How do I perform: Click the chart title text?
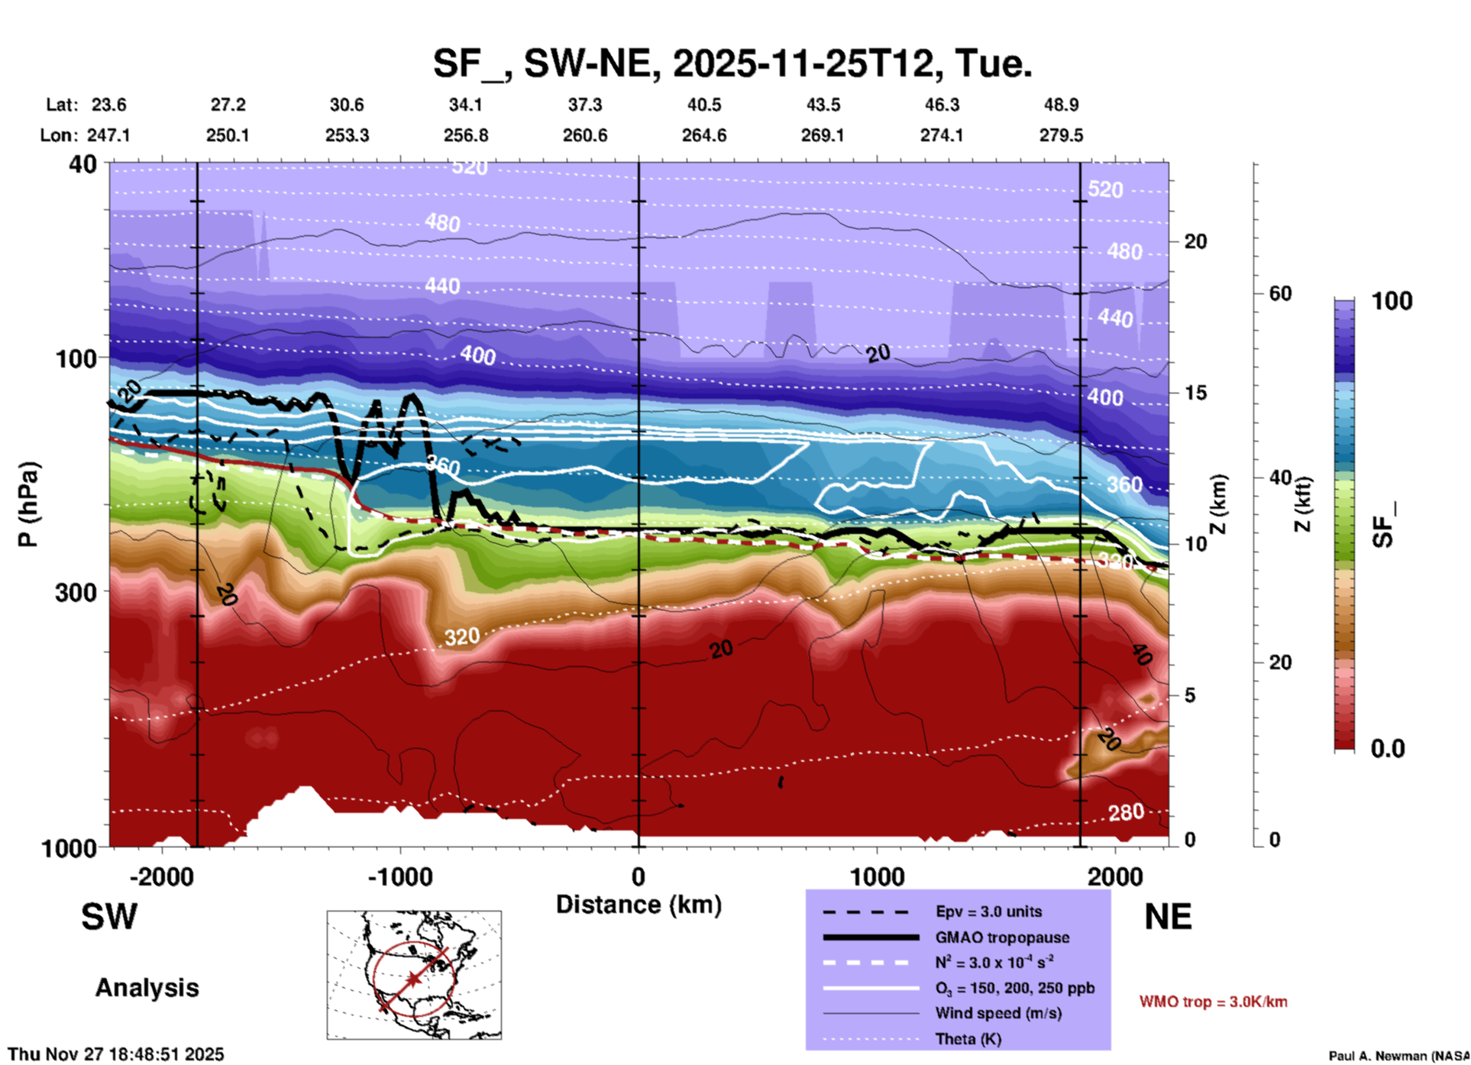[732, 63]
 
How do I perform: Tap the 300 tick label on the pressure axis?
[76, 592]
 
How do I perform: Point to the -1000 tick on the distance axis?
[400, 876]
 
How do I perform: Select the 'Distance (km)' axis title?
[639, 905]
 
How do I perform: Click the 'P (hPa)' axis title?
[28, 504]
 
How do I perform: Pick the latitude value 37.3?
[585, 105]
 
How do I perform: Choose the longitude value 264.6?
[703, 135]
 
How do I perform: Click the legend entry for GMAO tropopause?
[1002, 937]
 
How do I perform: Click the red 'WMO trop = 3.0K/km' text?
[1213, 1002]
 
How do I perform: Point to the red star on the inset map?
[414, 979]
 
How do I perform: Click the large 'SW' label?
[109, 917]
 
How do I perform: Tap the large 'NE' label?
[1168, 917]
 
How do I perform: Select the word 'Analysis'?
[147, 988]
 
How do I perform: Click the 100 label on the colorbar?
[1392, 301]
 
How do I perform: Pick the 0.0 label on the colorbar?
[1388, 749]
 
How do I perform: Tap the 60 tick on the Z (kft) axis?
[1280, 293]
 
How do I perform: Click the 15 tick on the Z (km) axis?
[1195, 393]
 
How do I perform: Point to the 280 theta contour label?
[1126, 812]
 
